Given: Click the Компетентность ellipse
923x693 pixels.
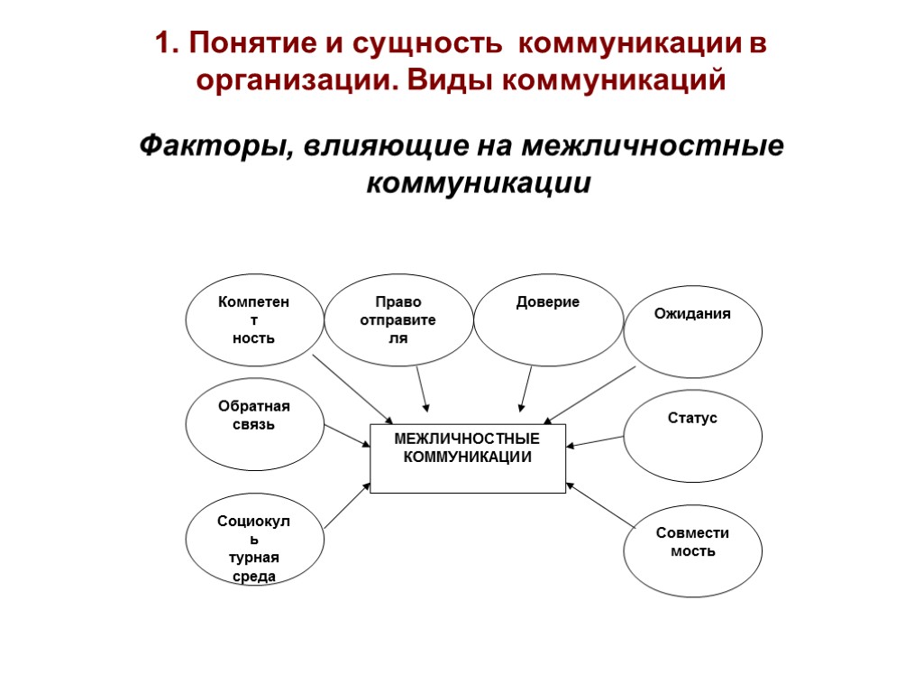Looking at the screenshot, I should point(254,320).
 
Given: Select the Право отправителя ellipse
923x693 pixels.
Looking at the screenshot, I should point(398,320).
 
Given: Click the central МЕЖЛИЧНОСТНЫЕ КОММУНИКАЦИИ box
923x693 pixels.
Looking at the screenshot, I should point(468,458).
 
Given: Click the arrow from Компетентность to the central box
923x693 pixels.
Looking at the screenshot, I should point(352,389).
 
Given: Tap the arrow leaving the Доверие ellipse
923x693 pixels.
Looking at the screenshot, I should point(525,389).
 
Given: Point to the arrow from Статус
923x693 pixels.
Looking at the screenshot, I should point(595,441).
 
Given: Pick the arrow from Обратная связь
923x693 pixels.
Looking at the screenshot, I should point(347,435).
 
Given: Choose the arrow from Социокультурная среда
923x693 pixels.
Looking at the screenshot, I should point(347,505).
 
